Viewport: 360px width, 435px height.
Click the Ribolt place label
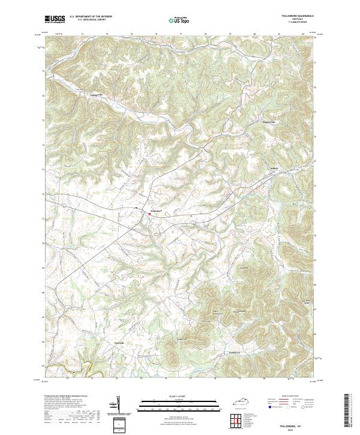(275, 168)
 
